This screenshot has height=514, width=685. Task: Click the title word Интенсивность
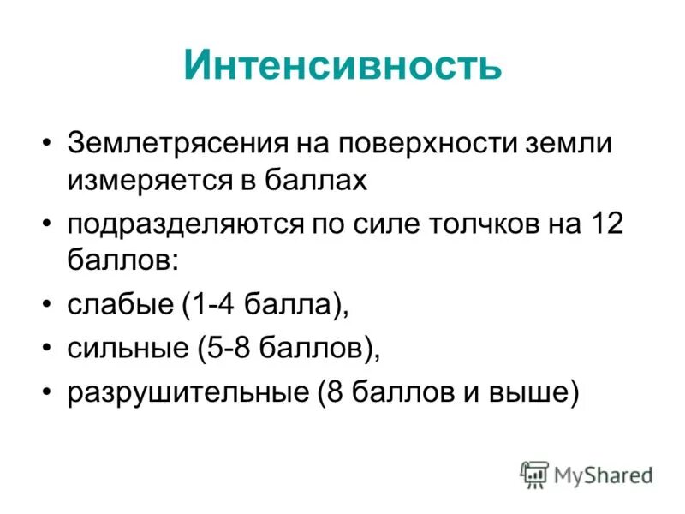(342, 65)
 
